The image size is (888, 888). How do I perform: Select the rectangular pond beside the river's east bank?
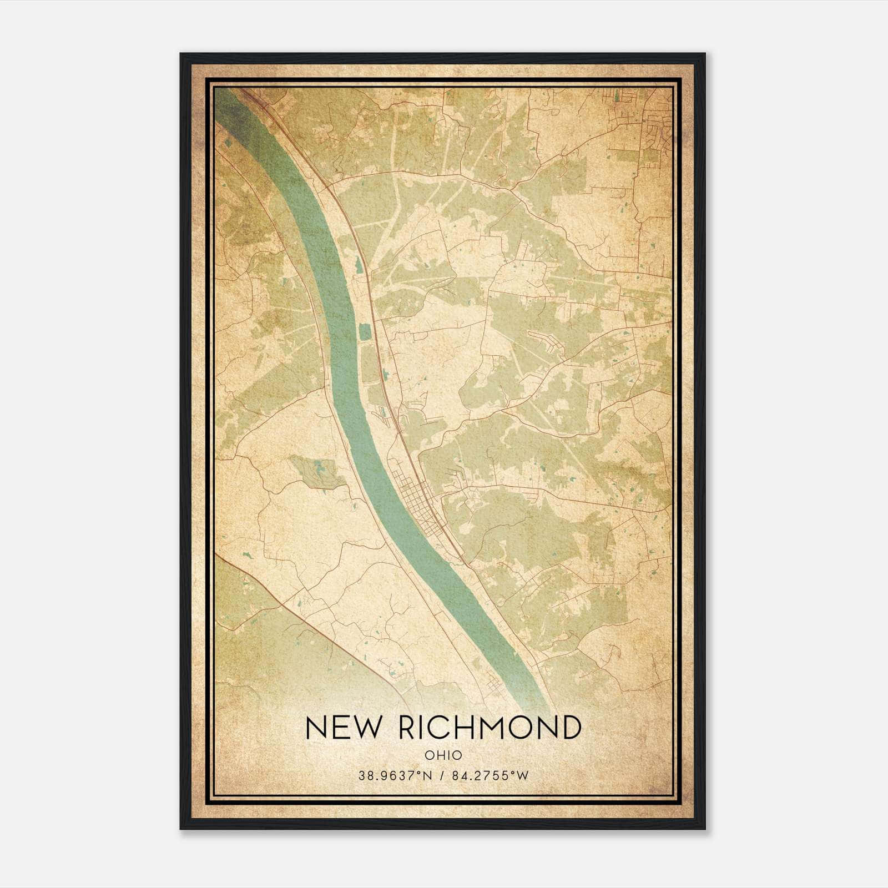[x=365, y=332]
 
